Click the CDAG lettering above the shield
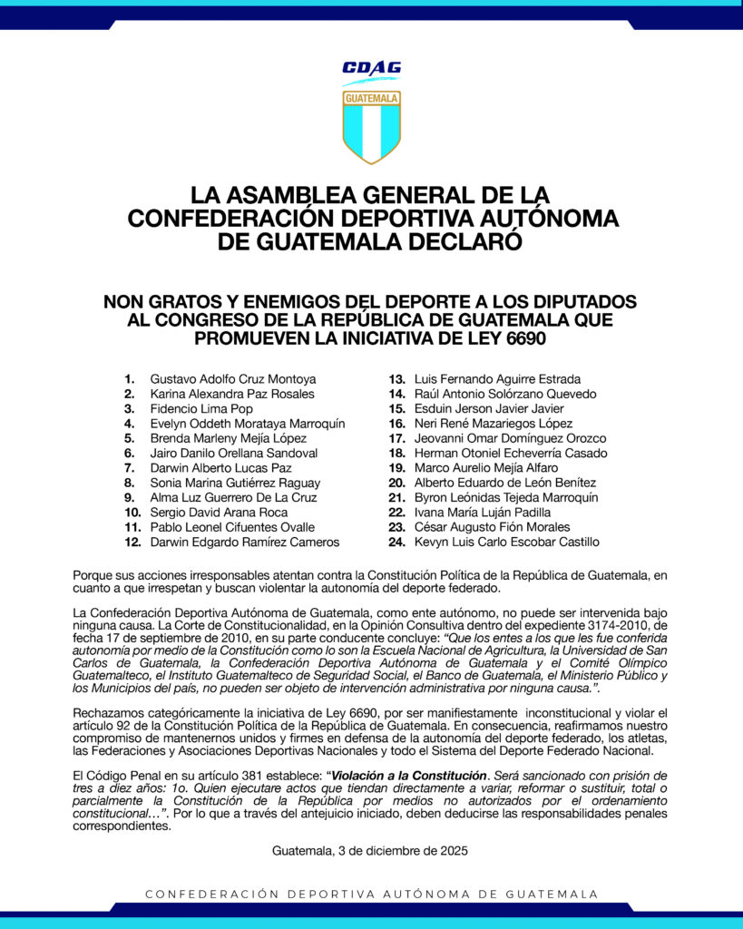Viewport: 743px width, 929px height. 371,68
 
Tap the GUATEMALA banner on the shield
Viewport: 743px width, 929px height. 371,97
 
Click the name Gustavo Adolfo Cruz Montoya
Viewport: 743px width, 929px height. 233,379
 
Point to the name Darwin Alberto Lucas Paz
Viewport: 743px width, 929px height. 220,468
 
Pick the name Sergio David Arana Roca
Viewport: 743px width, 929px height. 220,513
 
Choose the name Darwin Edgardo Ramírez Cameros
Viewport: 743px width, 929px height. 245,543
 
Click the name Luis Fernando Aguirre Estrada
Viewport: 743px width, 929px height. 497,379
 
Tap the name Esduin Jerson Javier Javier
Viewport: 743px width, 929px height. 489,409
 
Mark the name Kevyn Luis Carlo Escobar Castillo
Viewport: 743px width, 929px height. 506,543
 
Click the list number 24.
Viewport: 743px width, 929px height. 396,543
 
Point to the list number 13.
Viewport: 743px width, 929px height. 396,379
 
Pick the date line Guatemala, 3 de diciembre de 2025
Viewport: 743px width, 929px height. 370,851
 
